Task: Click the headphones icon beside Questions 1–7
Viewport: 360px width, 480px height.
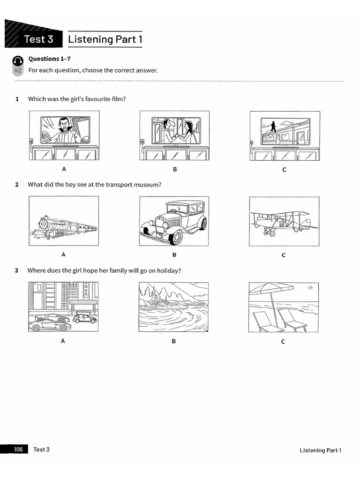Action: click(18, 60)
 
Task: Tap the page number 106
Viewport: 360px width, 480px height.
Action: click(18, 449)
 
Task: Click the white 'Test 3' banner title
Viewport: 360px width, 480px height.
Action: click(38, 39)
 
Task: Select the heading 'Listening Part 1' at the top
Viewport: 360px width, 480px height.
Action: click(105, 39)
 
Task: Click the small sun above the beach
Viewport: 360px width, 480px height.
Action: click(310, 288)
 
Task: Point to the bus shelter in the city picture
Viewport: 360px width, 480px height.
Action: click(83, 307)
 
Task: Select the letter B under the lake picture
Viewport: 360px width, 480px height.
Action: click(173, 341)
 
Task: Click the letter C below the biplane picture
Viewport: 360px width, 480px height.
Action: click(284, 255)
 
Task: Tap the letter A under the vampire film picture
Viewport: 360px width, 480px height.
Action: click(64, 169)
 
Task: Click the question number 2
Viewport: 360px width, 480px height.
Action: click(17, 185)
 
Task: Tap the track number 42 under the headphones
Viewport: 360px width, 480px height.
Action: click(18, 71)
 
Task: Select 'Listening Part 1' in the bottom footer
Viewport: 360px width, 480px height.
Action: click(320, 450)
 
